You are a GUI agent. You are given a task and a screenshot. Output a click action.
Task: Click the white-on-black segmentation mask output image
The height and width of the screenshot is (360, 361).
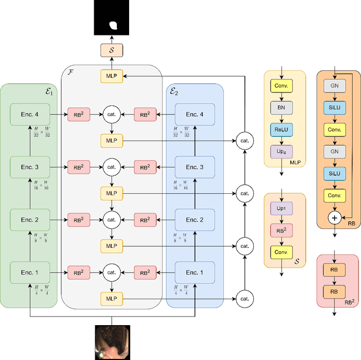coord(112,19)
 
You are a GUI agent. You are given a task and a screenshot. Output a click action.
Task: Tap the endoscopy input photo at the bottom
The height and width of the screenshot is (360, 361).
coord(112,342)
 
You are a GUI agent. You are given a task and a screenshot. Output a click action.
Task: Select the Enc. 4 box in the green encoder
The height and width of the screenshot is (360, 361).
coord(29,115)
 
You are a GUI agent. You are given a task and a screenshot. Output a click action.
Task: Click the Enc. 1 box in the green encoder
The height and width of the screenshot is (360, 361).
coord(29,272)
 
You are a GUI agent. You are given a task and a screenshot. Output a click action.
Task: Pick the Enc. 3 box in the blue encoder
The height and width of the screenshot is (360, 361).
coord(195,167)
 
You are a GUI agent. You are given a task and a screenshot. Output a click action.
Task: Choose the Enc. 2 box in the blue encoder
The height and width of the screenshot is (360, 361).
coord(195,220)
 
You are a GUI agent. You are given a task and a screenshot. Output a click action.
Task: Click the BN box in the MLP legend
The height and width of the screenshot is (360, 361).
coord(281,106)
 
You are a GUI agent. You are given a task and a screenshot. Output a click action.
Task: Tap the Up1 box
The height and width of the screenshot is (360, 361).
coord(280,209)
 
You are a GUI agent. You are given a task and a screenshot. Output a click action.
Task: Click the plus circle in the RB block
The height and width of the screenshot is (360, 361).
coord(334,217)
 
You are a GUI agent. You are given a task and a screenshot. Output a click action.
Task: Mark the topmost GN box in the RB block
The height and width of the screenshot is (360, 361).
coord(334,86)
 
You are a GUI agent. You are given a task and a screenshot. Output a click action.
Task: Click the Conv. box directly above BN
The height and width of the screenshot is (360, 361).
coord(281,86)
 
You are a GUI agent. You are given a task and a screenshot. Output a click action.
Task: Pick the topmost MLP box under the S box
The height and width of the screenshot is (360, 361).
coord(112,75)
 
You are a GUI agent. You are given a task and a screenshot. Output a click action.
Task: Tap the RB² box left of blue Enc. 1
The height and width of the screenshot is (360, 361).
coord(145,272)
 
